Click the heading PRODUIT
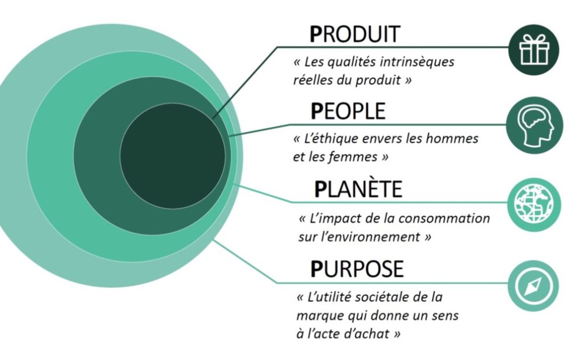(x=354, y=34)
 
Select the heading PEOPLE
(x=348, y=111)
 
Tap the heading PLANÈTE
(x=358, y=189)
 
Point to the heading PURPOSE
(x=357, y=269)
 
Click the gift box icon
(x=534, y=50)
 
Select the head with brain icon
(x=534, y=127)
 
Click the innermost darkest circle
(x=172, y=156)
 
